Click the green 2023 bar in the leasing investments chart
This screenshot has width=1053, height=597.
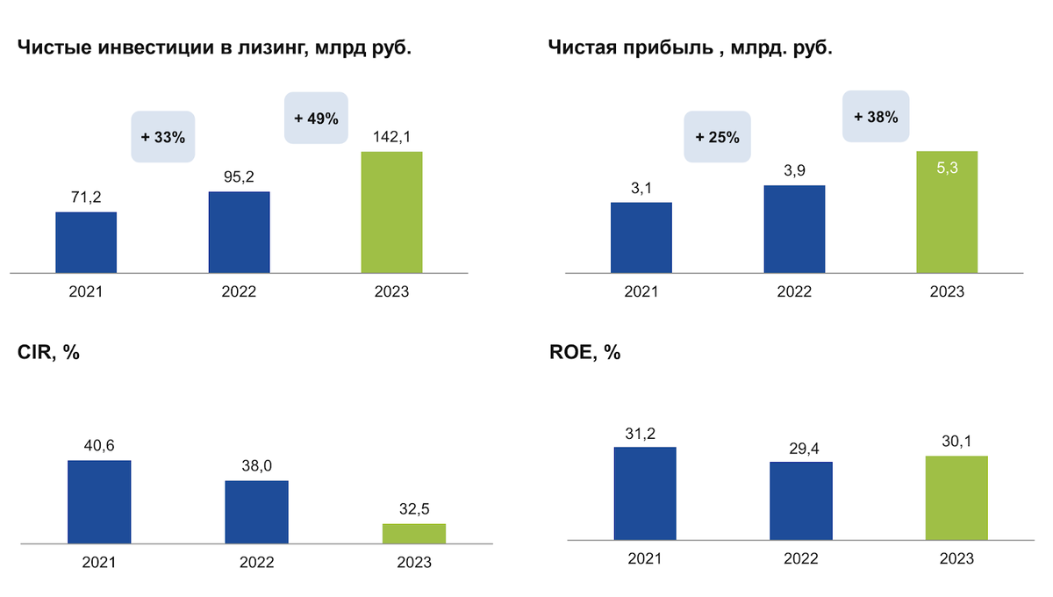click(391, 212)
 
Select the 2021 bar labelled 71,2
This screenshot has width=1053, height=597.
click(86, 242)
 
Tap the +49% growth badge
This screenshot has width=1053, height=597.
click(316, 119)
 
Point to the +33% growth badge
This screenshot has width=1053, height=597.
click(162, 137)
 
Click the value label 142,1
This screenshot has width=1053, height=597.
click(391, 136)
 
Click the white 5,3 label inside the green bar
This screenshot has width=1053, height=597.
click(947, 166)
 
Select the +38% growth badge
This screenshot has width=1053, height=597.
click(875, 116)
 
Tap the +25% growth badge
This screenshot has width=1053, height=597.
click(717, 137)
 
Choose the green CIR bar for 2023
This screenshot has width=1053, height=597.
click(414, 533)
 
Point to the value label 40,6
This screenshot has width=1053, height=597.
click(99, 445)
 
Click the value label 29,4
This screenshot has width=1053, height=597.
click(800, 448)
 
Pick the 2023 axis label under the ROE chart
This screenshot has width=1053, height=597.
click(956, 558)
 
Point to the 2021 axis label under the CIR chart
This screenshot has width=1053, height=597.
click(99, 562)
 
